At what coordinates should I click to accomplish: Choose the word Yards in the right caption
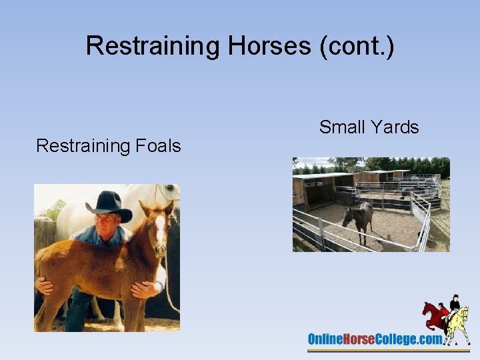tap(398, 127)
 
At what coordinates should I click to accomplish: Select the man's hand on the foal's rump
tap(44, 285)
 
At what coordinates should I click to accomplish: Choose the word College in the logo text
tap(401, 339)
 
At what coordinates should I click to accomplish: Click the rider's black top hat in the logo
tap(455, 297)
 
